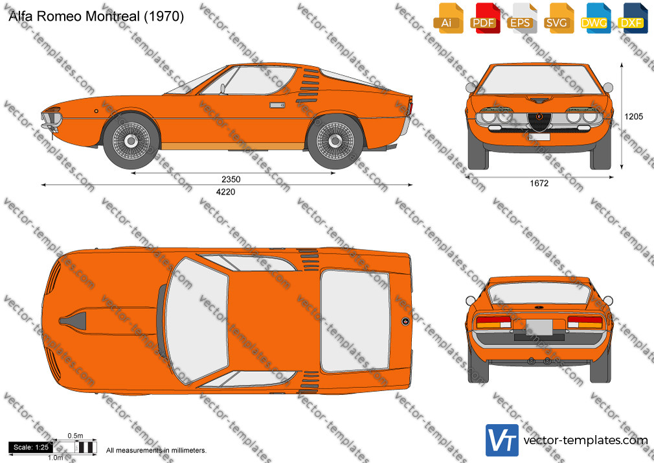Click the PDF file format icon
(x=485, y=18)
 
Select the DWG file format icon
(x=596, y=18)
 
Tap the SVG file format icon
(x=559, y=18)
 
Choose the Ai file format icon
(x=448, y=18)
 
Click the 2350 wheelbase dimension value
(x=231, y=179)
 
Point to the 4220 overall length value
(x=225, y=192)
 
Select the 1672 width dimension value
(x=539, y=183)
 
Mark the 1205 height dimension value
(x=633, y=117)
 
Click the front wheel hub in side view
(x=131, y=141)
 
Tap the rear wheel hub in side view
(x=335, y=141)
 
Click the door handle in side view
(x=276, y=105)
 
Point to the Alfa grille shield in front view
(x=539, y=121)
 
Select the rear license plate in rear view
(x=539, y=327)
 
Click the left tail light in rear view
(x=493, y=322)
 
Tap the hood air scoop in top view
(x=73, y=320)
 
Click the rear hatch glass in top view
(x=355, y=320)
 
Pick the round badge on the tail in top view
(x=405, y=321)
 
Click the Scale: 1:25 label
(x=31, y=447)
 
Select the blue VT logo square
(x=502, y=440)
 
